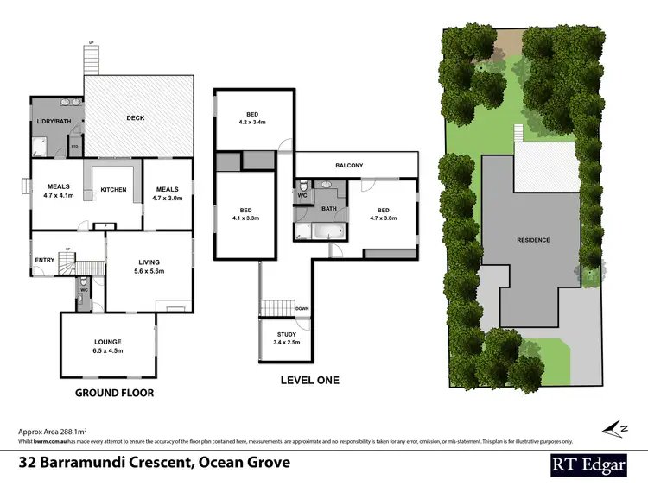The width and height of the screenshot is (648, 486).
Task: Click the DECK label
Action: pos(135,118)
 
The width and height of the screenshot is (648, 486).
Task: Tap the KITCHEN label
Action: pos(114,189)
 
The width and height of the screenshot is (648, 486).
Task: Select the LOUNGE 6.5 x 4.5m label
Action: pos(108,345)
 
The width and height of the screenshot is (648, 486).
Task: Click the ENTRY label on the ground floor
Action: pos(45,259)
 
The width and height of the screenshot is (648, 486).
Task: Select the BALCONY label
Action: pos(356,165)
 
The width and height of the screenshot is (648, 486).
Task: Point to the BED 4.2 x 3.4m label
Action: pos(251,118)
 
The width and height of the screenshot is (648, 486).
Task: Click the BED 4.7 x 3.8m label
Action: pos(383,214)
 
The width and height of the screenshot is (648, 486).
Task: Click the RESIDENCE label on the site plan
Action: pos(533,240)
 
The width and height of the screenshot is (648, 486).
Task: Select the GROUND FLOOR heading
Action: pos(114,393)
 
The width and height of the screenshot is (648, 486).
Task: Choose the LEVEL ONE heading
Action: pos(309,380)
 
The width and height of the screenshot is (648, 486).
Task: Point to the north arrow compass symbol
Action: pos(615,426)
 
